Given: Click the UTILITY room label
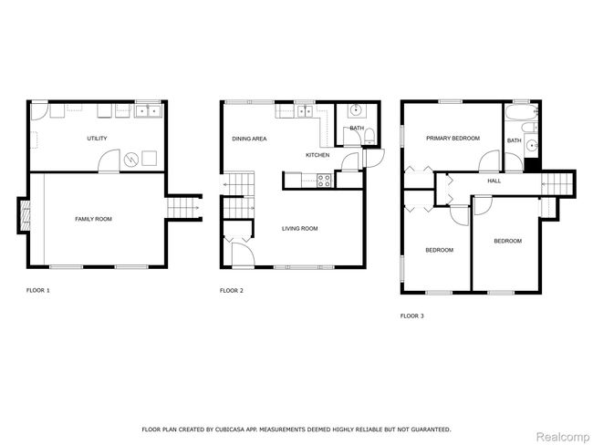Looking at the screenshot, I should click(97, 139).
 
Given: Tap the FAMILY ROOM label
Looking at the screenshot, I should click(93, 219).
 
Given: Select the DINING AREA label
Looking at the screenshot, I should click(249, 139).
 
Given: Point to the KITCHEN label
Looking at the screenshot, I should click(317, 155).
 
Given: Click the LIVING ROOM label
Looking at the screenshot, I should click(299, 228).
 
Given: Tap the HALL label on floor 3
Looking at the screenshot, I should click(494, 181).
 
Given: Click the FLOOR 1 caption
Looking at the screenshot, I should click(37, 291).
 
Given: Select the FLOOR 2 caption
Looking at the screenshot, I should click(232, 291).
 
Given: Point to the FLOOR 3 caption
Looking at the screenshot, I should click(412, 316).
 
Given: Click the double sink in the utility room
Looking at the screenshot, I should click(148, 112).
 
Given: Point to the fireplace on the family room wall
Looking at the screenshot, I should click(24, 217).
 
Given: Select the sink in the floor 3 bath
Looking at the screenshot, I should click(532, 146).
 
